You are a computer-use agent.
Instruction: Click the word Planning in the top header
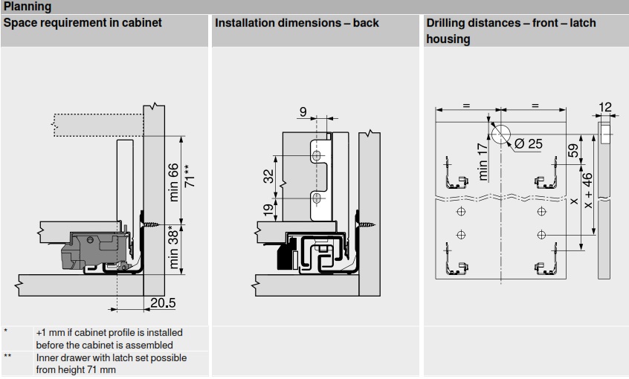(x=28, y=7)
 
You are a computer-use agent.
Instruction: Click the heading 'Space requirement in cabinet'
(x=83, y=23)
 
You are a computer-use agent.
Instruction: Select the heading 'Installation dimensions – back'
(x=297, y=23)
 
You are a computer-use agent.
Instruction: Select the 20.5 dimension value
(x=161, y=302)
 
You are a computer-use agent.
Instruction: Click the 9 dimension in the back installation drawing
(x=303, y=112)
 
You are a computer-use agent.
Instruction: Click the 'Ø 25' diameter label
(x=528, y=143)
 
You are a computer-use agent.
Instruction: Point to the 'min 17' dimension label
(x=483, y=161)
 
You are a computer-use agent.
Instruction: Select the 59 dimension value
(x=572, y=149)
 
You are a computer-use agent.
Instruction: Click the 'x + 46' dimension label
(x=588, y=191)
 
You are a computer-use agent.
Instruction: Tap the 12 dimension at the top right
(x=605, y=108)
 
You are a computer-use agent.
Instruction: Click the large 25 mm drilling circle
(x=501, y=134)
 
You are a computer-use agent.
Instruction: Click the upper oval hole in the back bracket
(x=317, y=157)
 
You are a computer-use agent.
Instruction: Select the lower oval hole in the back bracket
(x=317, y=198)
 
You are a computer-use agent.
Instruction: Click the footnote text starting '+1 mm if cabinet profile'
(x=109, y=338)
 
